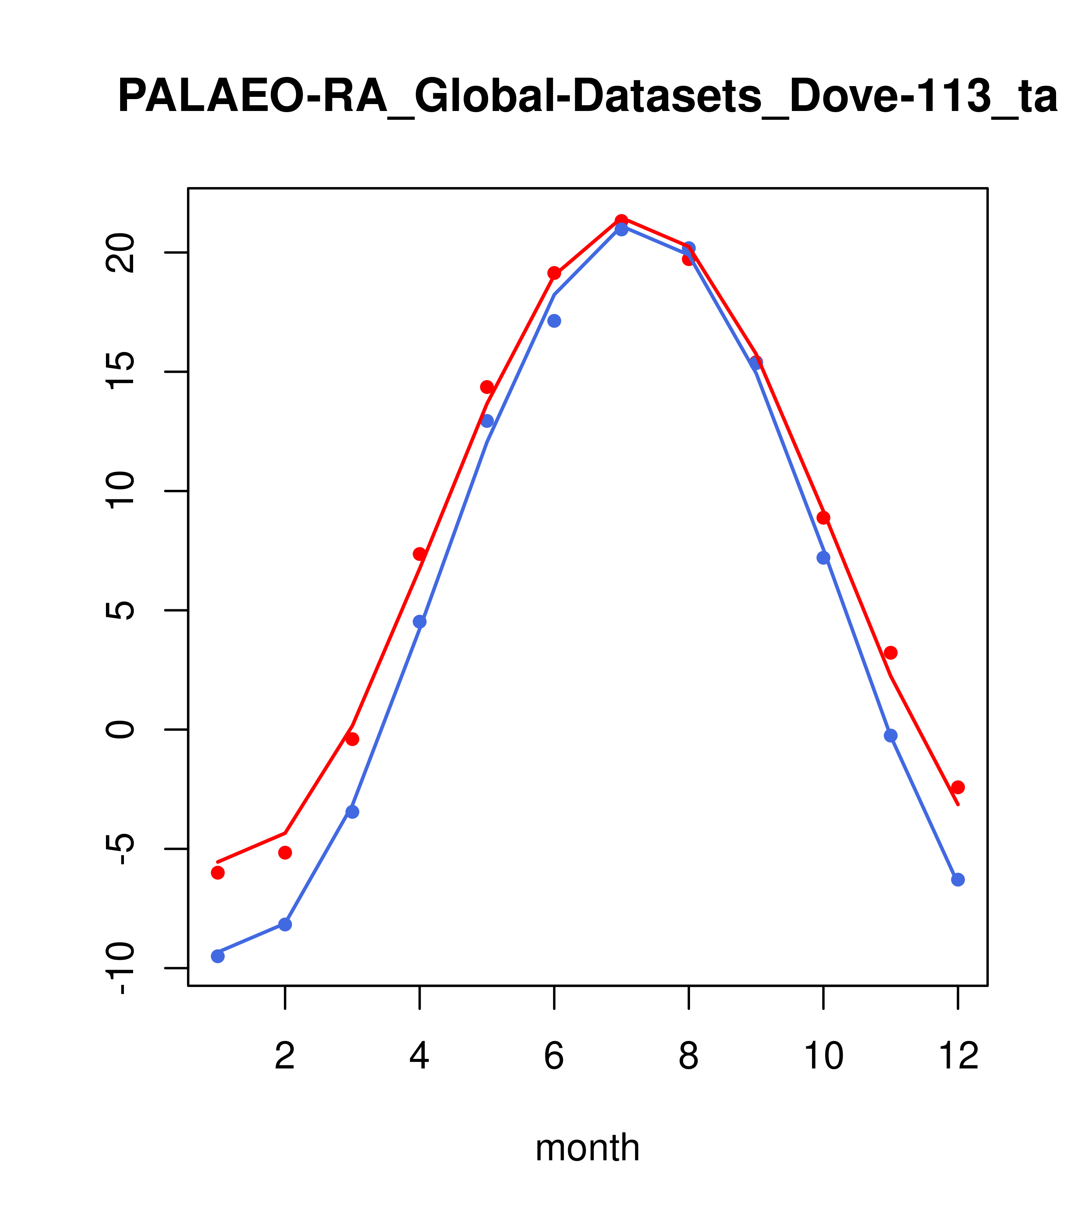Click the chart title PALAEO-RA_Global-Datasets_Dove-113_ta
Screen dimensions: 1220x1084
[588, 97]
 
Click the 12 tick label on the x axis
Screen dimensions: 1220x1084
[958, 1057]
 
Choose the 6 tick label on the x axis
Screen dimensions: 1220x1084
[554, 1057]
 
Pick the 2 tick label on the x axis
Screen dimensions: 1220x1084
[285, 1057]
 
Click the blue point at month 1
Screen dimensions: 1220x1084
[218, 956]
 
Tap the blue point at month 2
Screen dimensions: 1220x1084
[285, 925]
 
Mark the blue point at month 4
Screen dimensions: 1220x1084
[420, 622]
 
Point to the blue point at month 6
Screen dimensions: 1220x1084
[554, 321]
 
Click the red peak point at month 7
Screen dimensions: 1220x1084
[622, 220]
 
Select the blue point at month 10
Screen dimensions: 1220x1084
[823, 558]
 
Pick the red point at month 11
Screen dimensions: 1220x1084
[891, 653]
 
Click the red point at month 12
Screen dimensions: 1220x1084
[958, 787]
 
